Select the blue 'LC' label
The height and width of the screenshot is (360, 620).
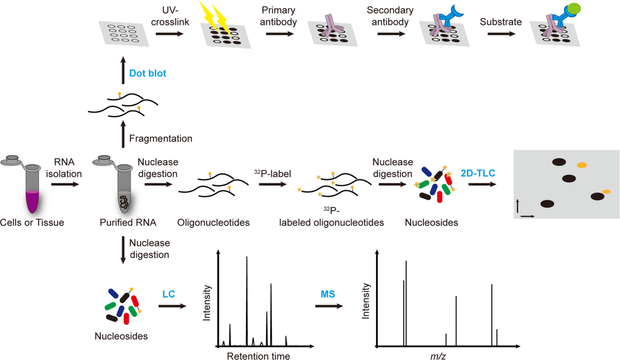coord(168,294)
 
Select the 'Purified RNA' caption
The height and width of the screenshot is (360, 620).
coord(122,223)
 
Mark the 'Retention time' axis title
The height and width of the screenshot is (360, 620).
coord(258,355)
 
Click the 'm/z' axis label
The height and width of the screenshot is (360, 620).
coord(436,355)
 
